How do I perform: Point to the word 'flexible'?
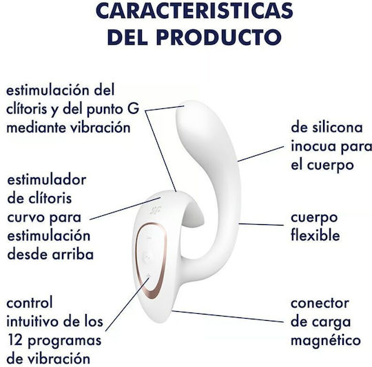pos(316,236)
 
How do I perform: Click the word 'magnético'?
pos(326,341)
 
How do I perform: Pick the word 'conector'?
pos(320,304)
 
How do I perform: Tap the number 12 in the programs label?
pos(14,340)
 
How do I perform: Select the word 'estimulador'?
pos(47,180)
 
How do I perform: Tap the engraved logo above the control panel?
pos(155,210)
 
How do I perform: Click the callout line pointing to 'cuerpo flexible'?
pos(261,224)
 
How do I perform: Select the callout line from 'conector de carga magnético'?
pos(228,317)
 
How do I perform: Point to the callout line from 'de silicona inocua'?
pos(260,154)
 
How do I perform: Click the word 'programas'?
pos(65,341)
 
